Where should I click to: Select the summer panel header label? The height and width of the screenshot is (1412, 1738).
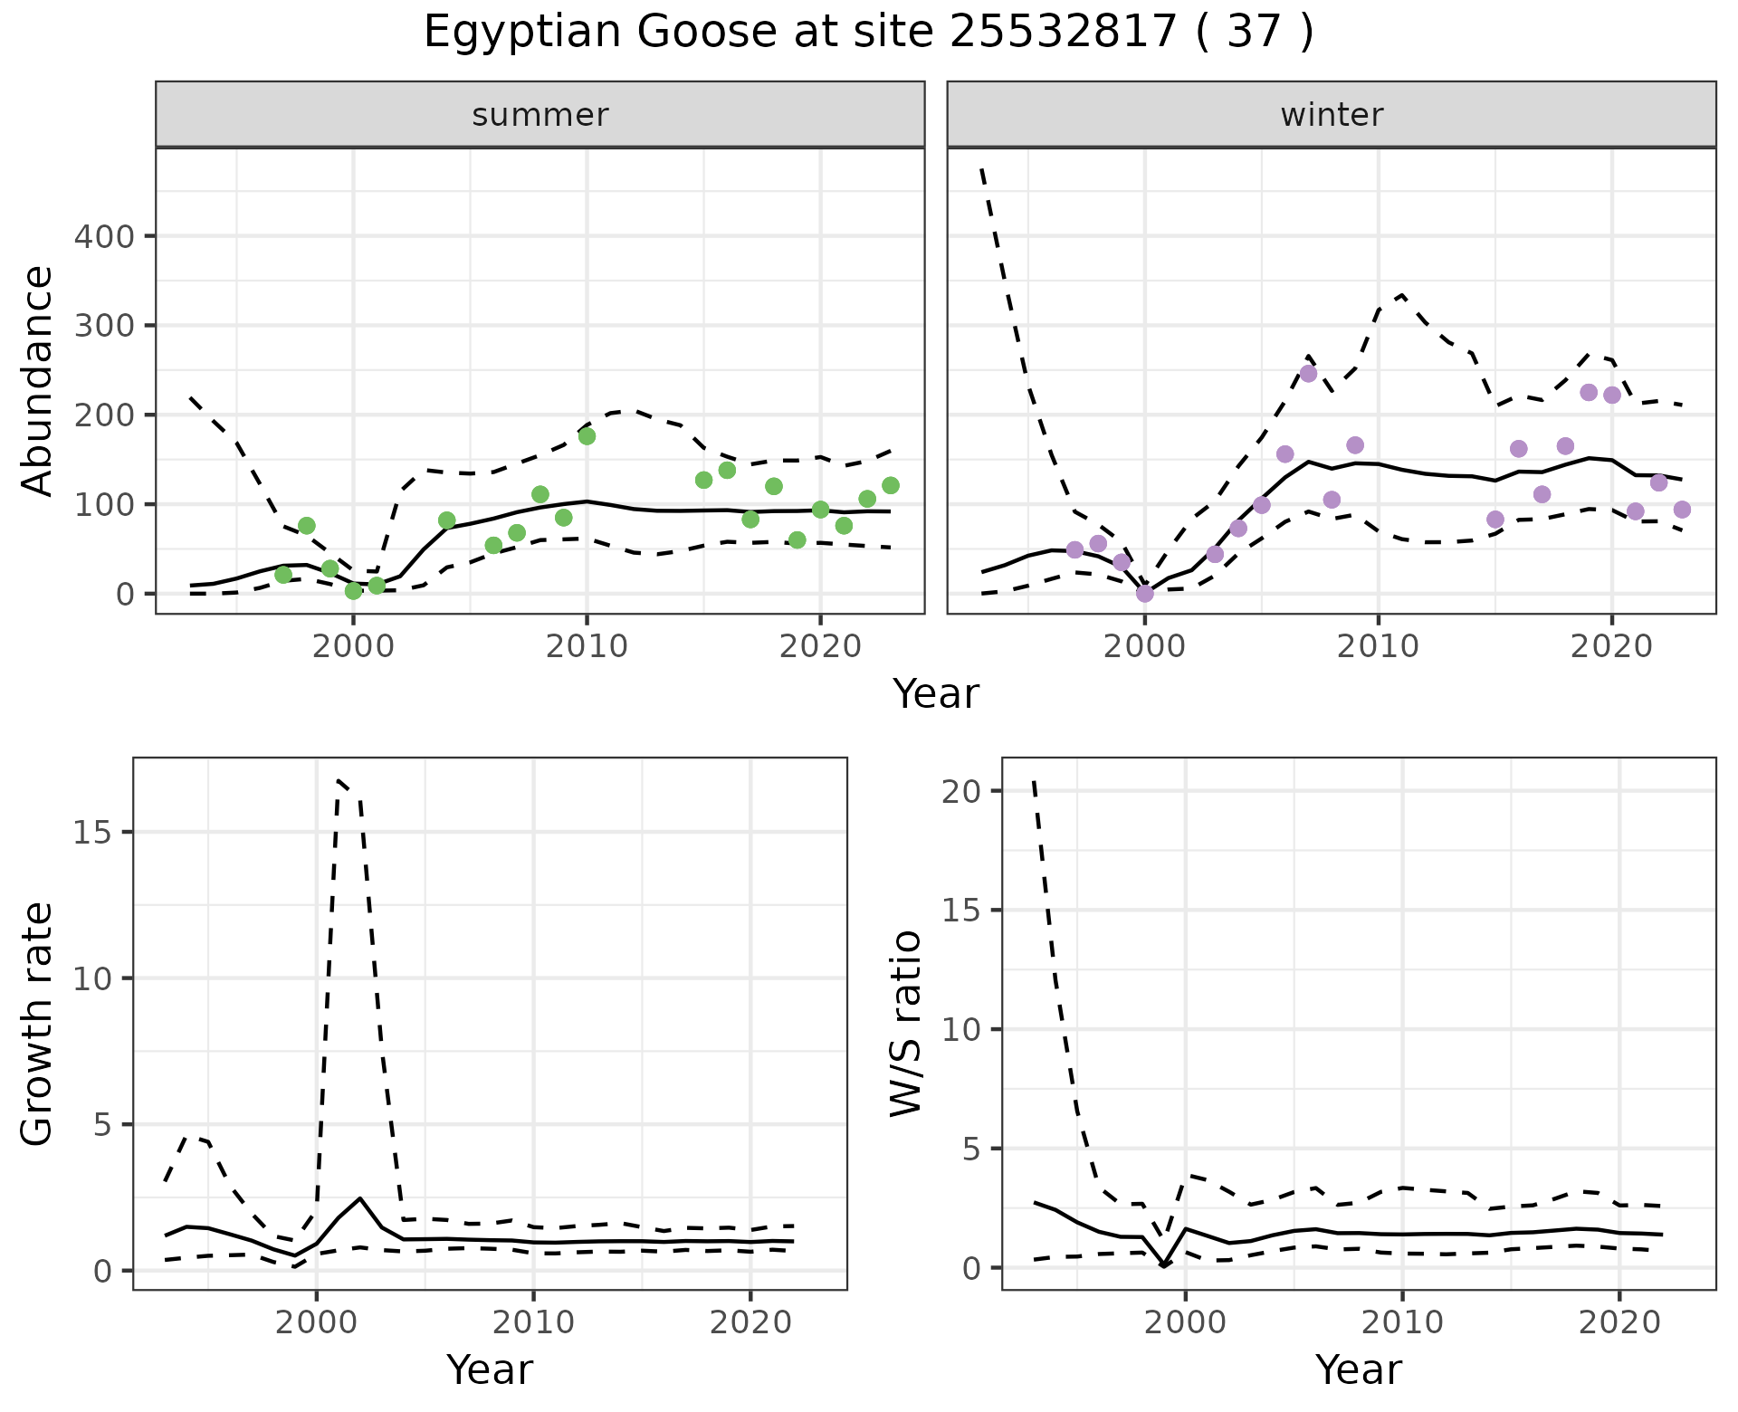point(540,115)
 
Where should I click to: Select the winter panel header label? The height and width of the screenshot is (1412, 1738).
point(1332,115)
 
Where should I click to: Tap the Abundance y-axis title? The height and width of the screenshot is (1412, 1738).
point(38,380)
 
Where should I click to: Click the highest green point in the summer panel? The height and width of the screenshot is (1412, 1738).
point(587,436)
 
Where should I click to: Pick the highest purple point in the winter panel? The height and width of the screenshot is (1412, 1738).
point(1308,374)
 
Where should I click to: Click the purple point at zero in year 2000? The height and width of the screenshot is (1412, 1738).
point(1145,594)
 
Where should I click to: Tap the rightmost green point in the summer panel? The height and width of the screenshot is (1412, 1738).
point(890,486)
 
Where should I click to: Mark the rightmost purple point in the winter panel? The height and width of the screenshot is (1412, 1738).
point(1682,510)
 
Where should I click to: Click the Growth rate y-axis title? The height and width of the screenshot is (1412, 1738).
point(38,1023)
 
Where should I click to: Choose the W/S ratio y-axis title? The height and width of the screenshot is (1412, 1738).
point(906,1023)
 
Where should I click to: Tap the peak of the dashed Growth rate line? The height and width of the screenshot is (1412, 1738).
point(339,780)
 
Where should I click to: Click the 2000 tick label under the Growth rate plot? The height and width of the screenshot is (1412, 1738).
point(317,1322)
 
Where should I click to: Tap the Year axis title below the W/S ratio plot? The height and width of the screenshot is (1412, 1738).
point(1358,1369)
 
